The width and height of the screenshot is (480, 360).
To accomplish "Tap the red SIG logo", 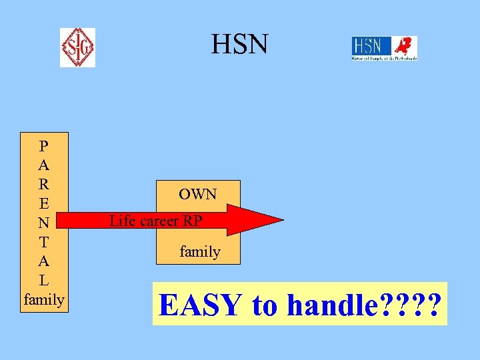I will tap(77, 47).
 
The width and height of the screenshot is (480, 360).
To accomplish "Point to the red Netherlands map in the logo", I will tap(403, 47).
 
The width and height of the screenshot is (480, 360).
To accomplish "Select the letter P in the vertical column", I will tap(43, 145).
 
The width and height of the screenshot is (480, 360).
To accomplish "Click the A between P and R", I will tap(43, 164).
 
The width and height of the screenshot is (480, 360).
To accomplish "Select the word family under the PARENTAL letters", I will tap(43, 299).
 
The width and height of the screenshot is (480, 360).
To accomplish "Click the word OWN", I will tap(198, 195).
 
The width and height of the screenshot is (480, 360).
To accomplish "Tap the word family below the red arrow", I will tap(200, 251).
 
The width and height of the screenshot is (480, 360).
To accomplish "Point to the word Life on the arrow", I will tap(122, 221).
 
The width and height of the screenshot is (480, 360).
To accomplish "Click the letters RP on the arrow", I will tap(192, 221).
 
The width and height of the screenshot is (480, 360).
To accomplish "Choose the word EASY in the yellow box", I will tap(201, 305).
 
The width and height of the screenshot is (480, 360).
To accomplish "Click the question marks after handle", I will tap(414, 305).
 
